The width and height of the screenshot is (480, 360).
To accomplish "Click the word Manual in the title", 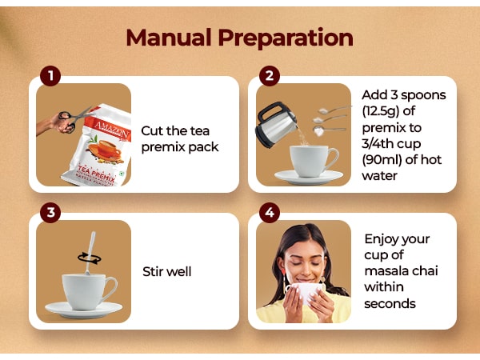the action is point(169,38).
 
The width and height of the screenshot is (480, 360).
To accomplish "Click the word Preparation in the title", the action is point(286,38).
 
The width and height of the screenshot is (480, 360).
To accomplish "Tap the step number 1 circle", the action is point(50,76).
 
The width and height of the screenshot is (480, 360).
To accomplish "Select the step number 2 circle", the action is point(270,76).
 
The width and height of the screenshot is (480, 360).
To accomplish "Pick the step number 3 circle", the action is point(50,213).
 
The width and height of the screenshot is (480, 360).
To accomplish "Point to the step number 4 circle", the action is point(270,213).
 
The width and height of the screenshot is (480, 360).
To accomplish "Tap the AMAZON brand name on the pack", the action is point(112,129).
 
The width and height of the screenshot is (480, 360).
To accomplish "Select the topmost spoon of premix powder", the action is point(334,110).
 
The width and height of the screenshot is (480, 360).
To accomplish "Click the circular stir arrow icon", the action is point(89,258).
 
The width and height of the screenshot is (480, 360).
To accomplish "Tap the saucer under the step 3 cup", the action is point(83,310).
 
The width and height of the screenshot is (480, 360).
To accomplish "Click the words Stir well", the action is point(167,271).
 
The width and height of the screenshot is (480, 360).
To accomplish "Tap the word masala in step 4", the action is point(386,271).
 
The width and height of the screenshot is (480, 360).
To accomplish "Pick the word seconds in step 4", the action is point(390,304).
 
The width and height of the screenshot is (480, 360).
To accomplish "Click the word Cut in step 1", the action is point(151,131).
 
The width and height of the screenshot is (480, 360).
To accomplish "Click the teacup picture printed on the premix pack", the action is point(106,149).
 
